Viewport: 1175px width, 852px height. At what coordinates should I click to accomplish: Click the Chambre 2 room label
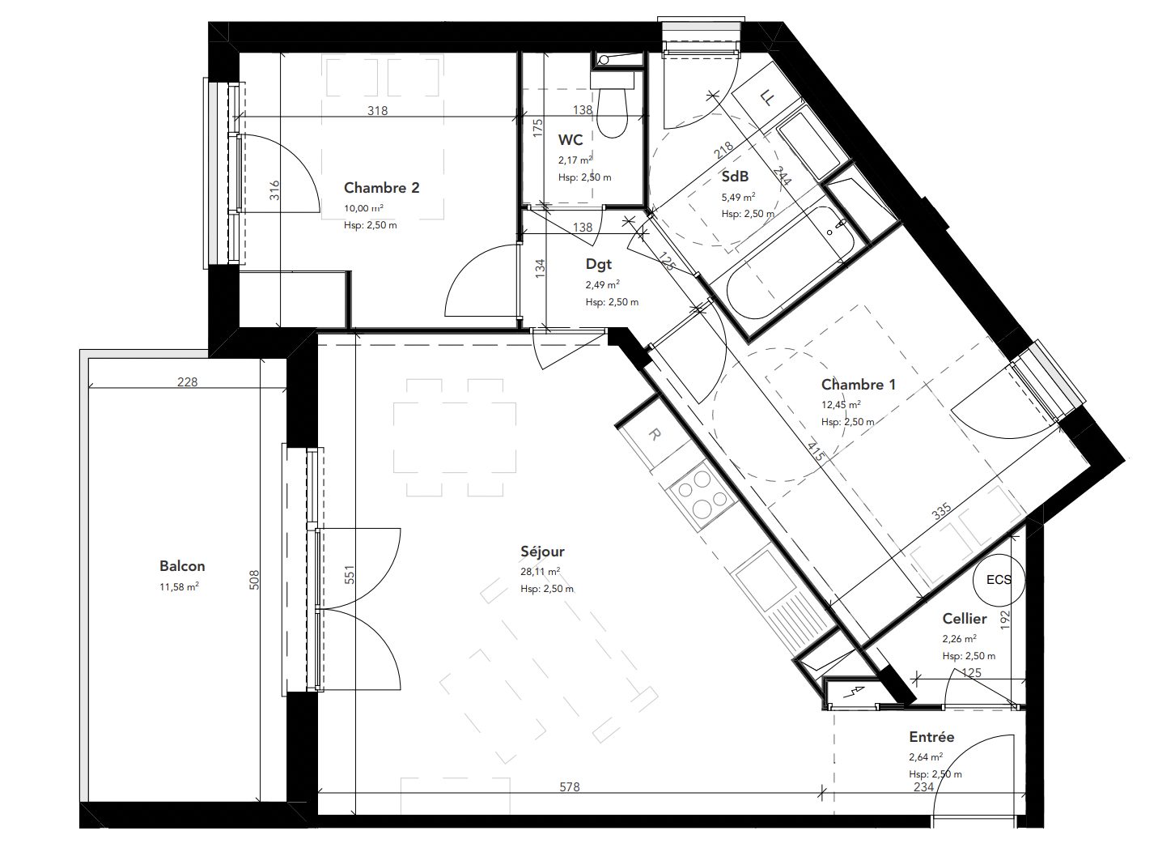click(x=381, y=187)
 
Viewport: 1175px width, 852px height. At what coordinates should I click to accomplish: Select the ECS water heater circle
click(x=999, y=579)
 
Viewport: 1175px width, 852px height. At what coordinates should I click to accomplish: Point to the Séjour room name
click(x=542, y=552)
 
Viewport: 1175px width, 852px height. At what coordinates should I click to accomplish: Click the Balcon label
click(x=182, y=566)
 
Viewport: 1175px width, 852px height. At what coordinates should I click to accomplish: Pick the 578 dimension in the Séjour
click(x=570, y=786)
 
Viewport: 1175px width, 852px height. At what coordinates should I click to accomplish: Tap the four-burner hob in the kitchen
click(x=702, y=495)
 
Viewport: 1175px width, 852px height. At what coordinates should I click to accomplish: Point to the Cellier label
click(x=965, y=619)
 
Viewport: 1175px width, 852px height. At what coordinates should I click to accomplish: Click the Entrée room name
click(x=931, y=736)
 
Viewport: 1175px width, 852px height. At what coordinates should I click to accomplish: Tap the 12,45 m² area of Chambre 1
click(x=841, y=405)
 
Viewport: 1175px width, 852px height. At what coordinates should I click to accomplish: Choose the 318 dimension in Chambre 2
click(x=377, y=111)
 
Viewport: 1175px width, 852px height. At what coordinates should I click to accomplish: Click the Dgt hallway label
click(x=599, y=264)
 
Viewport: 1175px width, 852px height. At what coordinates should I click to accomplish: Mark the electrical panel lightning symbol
click(x=849, y=692)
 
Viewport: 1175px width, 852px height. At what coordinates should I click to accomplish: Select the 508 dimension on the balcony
click(x=254, y=580)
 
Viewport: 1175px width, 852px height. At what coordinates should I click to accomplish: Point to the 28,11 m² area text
click(x=540, y=572)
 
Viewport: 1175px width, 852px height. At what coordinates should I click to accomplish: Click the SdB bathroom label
click(x=735, y=177)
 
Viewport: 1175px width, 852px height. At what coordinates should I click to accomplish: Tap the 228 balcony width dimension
click(x=187, y=381)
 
